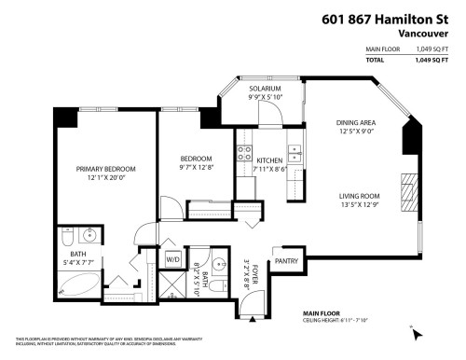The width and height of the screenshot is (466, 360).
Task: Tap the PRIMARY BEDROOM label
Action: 106,169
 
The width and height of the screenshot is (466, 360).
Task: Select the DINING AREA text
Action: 356,123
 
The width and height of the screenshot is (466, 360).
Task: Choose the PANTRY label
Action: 285,262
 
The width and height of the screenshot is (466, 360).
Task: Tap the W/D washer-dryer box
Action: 173,258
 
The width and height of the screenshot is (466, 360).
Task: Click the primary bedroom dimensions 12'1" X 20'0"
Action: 106,178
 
